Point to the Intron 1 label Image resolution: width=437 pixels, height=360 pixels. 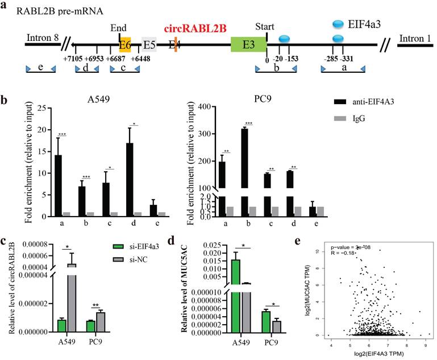point(414,39)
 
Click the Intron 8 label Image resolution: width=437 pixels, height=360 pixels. point(43,39)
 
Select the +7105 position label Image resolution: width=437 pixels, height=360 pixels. point(75,59)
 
